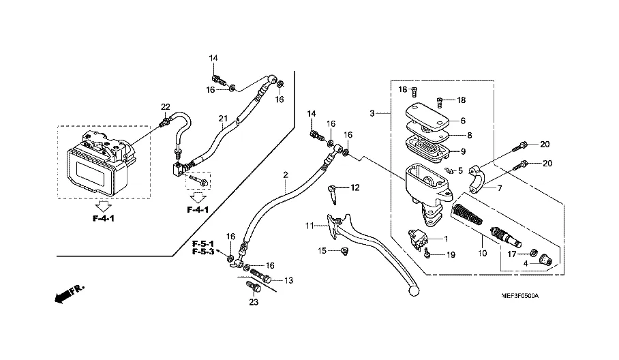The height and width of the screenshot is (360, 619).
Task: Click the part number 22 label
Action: point(165,106)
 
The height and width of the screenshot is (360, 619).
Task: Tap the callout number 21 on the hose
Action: point(222,119)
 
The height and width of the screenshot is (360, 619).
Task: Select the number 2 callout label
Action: point(286,175)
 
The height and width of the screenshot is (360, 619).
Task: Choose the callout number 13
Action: point(288,280)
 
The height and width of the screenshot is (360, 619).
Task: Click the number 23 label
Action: point(254,302)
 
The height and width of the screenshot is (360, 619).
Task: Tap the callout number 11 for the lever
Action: point(309,225)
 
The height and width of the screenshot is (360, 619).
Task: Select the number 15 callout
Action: point(322,251)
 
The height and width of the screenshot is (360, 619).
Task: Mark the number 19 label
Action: point(451,255)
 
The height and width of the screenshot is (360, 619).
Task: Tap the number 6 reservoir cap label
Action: point(462,121)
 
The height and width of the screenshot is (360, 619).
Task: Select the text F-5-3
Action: point(203,252)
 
